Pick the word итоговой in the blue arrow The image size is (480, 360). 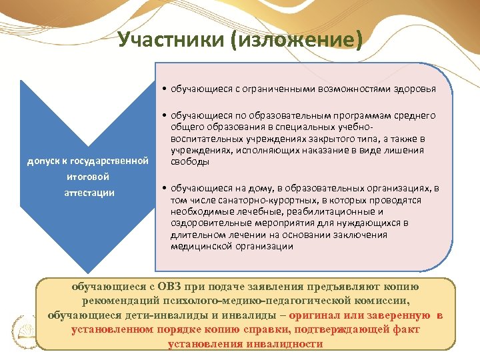(87, 177)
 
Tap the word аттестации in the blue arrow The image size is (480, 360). (90, 193)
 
